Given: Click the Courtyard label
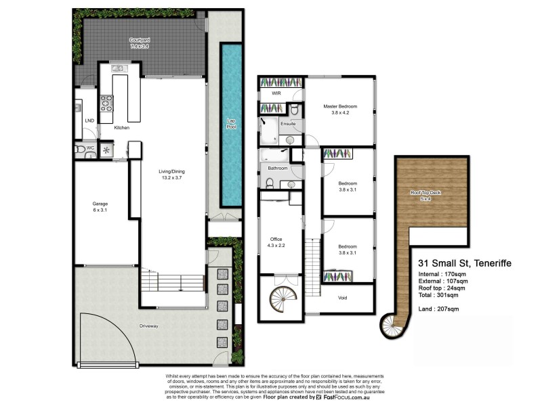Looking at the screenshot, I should point(140,41).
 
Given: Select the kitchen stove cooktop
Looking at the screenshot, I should point(107,103).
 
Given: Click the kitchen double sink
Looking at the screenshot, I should point(119,68).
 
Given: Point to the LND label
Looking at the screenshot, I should point(89,120).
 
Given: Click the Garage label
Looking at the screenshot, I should point(100,203).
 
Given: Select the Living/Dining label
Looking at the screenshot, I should point(173,171).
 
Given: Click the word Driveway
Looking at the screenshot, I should point(149,326).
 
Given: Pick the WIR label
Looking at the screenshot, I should point(276,93).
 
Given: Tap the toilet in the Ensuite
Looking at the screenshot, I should point(295,111).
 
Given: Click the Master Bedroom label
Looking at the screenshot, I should point(339,106).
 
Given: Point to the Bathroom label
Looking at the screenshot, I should point(278,168).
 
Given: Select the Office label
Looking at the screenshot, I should point(276,239).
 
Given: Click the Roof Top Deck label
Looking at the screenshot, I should point(425,193).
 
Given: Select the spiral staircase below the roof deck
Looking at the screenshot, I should point(392,325).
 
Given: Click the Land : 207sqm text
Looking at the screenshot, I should point(440,309).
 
